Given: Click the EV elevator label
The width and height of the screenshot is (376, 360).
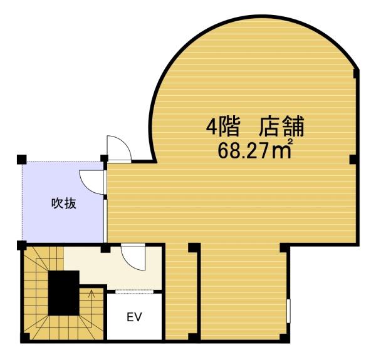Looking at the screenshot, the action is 134,317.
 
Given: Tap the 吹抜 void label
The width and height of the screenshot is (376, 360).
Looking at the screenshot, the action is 64,203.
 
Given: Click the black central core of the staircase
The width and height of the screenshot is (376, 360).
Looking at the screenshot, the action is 64,293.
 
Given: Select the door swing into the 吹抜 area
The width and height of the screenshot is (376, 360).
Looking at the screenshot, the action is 92,182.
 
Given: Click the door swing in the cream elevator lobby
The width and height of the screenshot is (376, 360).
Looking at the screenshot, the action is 133,257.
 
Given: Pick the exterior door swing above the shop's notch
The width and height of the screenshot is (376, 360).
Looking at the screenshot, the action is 119,148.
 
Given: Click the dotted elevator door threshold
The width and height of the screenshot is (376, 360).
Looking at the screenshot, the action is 134,292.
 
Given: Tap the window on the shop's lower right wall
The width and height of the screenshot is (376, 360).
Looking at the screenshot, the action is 288,311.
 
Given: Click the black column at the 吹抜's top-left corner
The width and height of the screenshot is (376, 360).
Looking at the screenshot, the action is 22,160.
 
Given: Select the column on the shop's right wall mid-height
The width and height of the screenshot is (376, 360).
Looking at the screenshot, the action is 354,160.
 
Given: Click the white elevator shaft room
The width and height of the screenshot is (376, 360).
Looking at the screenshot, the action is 134,317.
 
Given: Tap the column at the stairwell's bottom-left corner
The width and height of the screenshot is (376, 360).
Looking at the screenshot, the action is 25,338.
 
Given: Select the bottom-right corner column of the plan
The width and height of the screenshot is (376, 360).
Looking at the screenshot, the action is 285,338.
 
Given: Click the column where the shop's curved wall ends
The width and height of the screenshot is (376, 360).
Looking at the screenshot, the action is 357,74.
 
